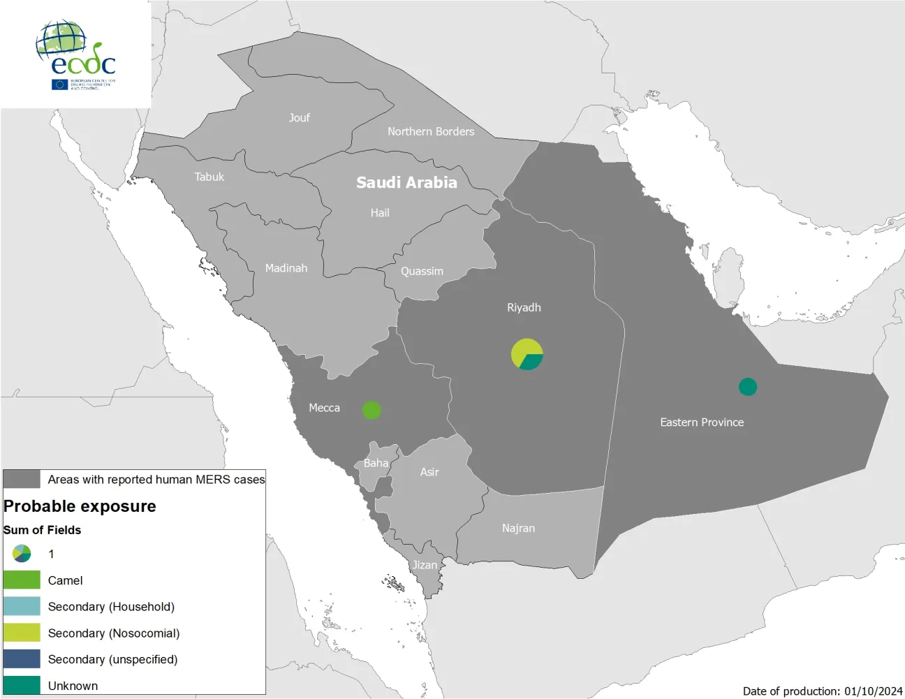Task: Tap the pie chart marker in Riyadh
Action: [527, 354]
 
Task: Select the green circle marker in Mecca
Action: [371, 410]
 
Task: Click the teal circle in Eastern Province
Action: [748, 387]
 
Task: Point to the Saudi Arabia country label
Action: [406, 182]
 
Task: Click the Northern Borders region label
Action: [431, 131]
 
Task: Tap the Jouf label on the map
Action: [300, 117]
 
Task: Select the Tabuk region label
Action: [209, 177]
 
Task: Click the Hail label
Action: [380, 213]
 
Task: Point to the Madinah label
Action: [286, 268]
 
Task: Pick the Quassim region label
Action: [422, 271]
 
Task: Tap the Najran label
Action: [518, 528]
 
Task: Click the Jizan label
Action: [425, 565]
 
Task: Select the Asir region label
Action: [429, 472]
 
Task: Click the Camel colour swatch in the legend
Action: [22, 580]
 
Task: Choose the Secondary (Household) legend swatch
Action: [22, 606]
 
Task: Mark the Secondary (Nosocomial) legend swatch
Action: [22, 633]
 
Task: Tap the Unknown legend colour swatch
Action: [22, 685]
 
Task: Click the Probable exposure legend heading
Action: [80, 506]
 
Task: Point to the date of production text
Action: [823, 691]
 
